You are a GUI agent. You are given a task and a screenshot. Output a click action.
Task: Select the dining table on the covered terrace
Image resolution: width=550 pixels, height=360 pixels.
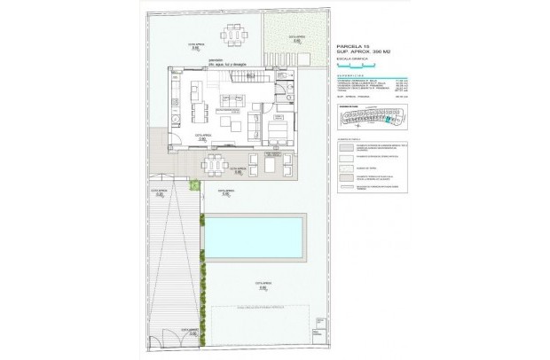pyautogui.click(x=216, y=163)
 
